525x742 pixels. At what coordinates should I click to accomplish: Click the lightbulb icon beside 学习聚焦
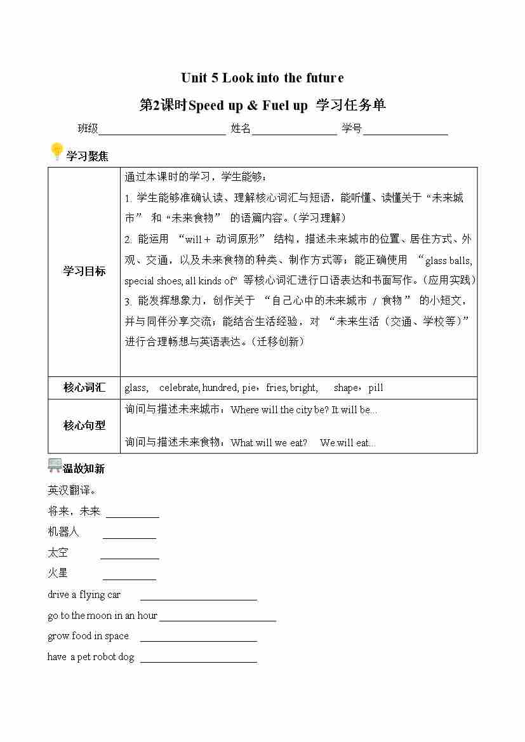click(x=56, y=152)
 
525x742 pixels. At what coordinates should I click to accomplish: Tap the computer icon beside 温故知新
click(x=55, y=465)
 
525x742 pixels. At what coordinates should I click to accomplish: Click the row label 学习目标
click(x=84, y=271)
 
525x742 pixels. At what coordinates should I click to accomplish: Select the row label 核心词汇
click(x=84, y=388)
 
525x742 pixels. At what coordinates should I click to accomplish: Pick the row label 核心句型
click(x=84, y=426)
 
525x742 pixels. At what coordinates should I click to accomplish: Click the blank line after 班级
click(x=162, y=132)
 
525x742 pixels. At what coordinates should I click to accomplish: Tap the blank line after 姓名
click(x=294, y=132)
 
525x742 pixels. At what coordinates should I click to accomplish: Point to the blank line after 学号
click(x=406, y=132)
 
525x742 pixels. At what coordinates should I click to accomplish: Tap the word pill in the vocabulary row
click(x=376, y=388)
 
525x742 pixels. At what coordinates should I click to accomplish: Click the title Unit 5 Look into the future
click(x=262, y=78)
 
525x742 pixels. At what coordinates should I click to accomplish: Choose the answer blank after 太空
click(x=130, y=557)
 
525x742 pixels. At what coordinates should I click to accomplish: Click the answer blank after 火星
click(x=130, y=578)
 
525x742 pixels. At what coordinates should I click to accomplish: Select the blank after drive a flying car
click(x=198, y=598)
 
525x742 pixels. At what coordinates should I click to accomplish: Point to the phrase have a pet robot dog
click(x=91, y=657)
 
